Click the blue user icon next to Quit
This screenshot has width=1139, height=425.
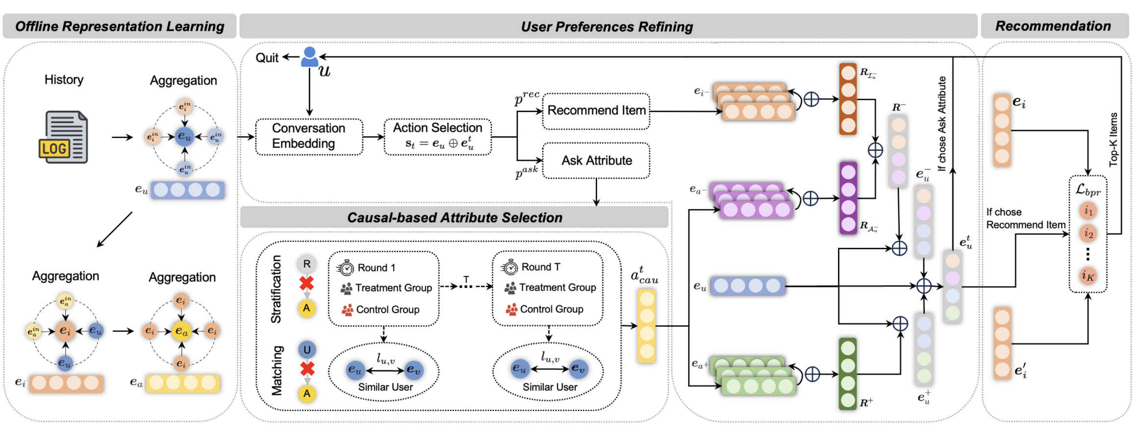tap(309, 57)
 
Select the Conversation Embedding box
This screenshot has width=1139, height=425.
tap(309, 136)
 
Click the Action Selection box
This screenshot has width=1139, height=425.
tap(437, 136)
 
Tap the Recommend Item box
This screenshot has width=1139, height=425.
tap(596, 111)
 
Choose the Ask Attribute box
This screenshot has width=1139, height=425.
tap(596, 161)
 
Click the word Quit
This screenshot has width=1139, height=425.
tap(267, 58)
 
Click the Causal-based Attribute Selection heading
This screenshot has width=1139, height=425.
tap(454, 217)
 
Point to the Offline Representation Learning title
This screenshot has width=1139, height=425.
tap(120, 26)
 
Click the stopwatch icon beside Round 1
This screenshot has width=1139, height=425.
tap(346, 268)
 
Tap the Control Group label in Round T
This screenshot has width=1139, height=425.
tap(551, 309)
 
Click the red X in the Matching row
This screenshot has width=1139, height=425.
tap(307, 369)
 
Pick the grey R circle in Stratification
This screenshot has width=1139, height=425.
tap(307, 264)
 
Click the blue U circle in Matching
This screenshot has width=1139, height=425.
tap(307, 350)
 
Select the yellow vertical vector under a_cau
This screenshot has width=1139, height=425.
tap(646, 326)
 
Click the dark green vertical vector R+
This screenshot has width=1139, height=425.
tap(848, 374)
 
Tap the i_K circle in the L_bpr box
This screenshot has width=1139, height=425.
tap(1088, 276)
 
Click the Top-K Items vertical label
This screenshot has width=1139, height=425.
tap(1114, 139)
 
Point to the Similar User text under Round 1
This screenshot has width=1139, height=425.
tap(385, 387)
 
